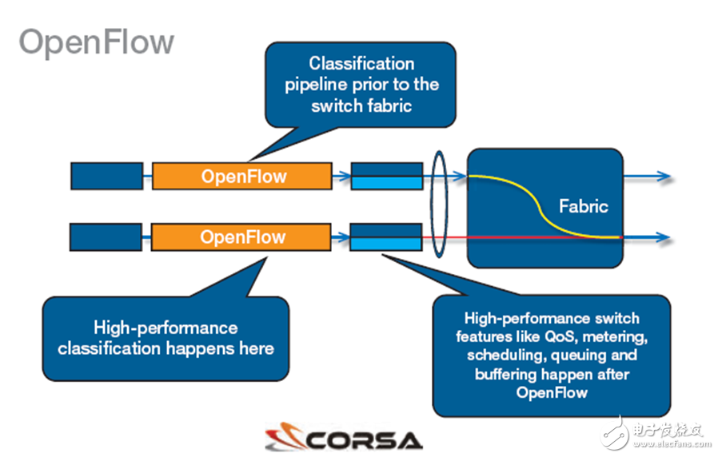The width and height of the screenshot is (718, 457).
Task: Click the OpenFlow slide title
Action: [96, 42]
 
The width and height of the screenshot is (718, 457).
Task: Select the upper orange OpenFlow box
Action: [241, 176]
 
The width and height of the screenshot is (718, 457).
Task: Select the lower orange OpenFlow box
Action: [241, 237]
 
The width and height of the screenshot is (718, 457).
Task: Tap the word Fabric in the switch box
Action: [583, 206]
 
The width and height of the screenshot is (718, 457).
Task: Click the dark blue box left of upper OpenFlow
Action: [106, 176]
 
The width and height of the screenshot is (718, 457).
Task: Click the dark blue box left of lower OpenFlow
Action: [106, 237]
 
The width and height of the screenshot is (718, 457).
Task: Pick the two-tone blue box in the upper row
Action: [386, 176]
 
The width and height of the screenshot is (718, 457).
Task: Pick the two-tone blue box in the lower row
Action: [386, 237]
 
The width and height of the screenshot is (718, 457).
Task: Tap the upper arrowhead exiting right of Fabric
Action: [664, 176]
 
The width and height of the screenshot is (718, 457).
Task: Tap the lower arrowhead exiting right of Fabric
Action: [664, 237]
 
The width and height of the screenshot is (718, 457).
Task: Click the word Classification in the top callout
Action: [361, 63]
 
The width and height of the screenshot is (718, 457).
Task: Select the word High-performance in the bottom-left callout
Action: [166, 328]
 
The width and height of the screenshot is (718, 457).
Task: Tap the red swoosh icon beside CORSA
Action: [283, 439]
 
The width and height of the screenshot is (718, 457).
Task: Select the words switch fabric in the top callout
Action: [361, 105]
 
